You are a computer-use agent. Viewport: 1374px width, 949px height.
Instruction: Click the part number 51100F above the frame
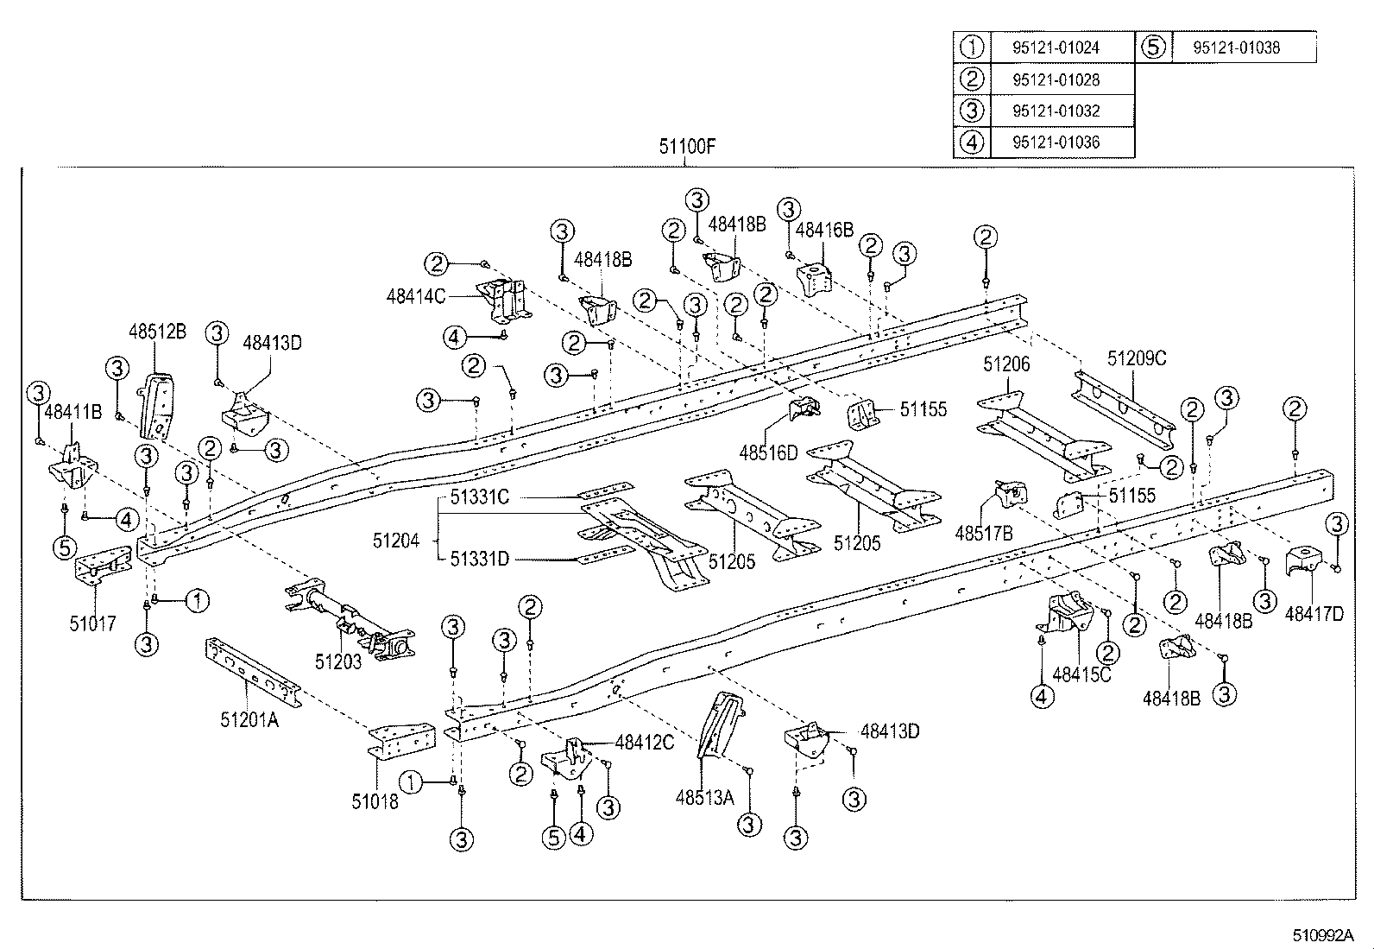(687, 146)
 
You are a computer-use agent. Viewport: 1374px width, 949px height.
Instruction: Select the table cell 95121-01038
(1236, 47)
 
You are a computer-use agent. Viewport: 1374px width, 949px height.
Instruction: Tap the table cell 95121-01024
(1056, 47)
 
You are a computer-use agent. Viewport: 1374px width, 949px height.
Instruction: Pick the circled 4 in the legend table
(972, 142)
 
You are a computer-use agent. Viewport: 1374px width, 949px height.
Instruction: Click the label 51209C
(1137, 358)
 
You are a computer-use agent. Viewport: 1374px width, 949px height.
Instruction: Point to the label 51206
(1006, 365)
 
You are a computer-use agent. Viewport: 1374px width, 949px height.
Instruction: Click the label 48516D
(769, 452)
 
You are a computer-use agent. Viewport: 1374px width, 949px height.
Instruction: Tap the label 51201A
(249, 719)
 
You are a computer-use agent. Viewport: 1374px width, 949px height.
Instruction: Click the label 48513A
(704, 797)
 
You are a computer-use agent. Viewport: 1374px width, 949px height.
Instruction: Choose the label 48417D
(1314, 614)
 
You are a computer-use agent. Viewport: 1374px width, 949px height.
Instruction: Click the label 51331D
(480, 560)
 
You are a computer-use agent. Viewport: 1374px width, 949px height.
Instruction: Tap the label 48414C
(416, 296)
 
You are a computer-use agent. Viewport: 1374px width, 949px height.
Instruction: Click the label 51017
(92, 623)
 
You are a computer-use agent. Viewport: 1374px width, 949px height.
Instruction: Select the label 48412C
(644, 743)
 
